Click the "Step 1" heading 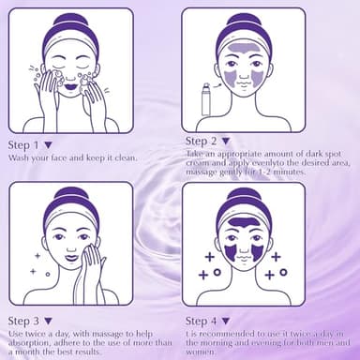[x=23, y=145]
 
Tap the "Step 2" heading [x=201, y=141]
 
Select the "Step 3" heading [x=23, y=321]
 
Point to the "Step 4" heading [x=201, y=321]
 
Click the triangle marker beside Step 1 [x=48, y=145]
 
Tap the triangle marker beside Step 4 [x=226, y=321]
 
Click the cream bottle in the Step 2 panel [x=206, y=99]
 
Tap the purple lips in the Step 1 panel [x=71, y=84]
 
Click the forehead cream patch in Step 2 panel [x=242, y=48]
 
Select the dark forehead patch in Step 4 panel [x=244, y=222]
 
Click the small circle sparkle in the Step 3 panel [x=48, y=275]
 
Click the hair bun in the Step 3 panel [x=71, y=194]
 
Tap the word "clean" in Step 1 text [x=126, y=157]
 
